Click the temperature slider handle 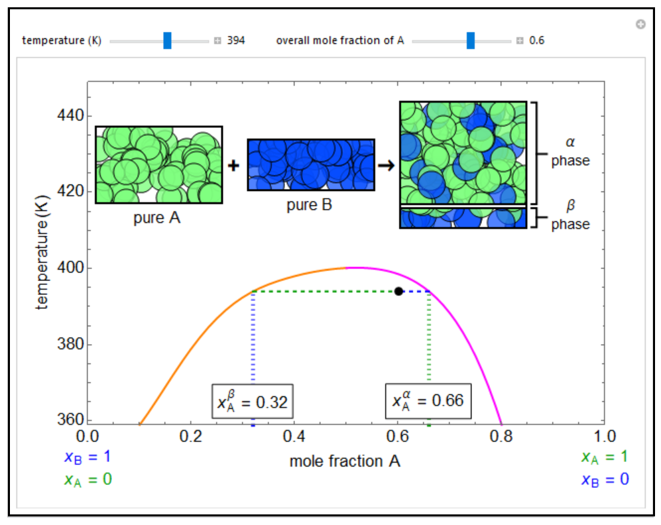pos(167,40)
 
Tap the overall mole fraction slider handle pos(471,40)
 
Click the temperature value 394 pos(236,40)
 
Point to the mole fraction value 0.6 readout pos(537,40)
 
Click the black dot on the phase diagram pos(398,291)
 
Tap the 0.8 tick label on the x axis pos(501,436)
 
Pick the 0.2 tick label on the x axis pos(191,436)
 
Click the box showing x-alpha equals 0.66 pos(428,401)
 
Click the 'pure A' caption pos(157,217)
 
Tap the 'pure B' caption pos(310,205)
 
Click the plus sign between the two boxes pos(233,165)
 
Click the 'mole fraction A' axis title pos(345,461)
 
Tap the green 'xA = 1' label pos(604,457)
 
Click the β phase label pos(570,218)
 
